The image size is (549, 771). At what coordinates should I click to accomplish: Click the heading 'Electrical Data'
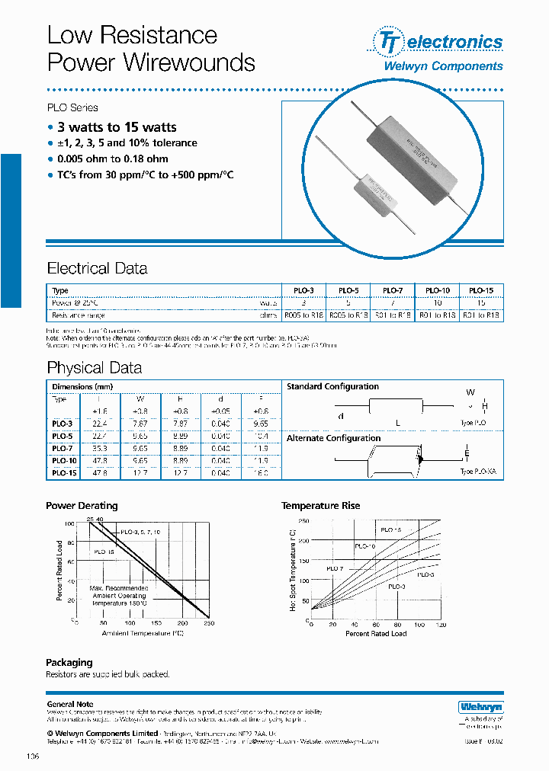pos(97,269)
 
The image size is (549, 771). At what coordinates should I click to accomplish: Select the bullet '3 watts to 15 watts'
pos(117,127)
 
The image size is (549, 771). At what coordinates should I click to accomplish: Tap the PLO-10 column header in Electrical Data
pos(438,290)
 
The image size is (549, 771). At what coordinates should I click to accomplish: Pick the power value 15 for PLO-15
pos(480,302)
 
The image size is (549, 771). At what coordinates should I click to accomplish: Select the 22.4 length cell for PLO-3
pos(100,424)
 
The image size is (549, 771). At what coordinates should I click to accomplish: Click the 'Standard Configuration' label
pos(332,387)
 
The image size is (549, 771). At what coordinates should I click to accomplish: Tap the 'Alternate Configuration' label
pos(333,438)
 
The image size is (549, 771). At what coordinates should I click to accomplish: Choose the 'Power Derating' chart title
pos(82,506)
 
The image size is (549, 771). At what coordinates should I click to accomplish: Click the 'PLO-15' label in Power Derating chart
pos(105,551)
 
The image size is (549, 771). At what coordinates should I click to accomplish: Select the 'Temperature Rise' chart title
pos(320,506)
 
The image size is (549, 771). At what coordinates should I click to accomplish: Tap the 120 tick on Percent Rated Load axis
pos(440,625)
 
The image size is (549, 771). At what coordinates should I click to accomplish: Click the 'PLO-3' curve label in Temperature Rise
pos(396,587)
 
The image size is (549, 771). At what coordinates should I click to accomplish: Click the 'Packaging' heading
pos(69,662)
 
